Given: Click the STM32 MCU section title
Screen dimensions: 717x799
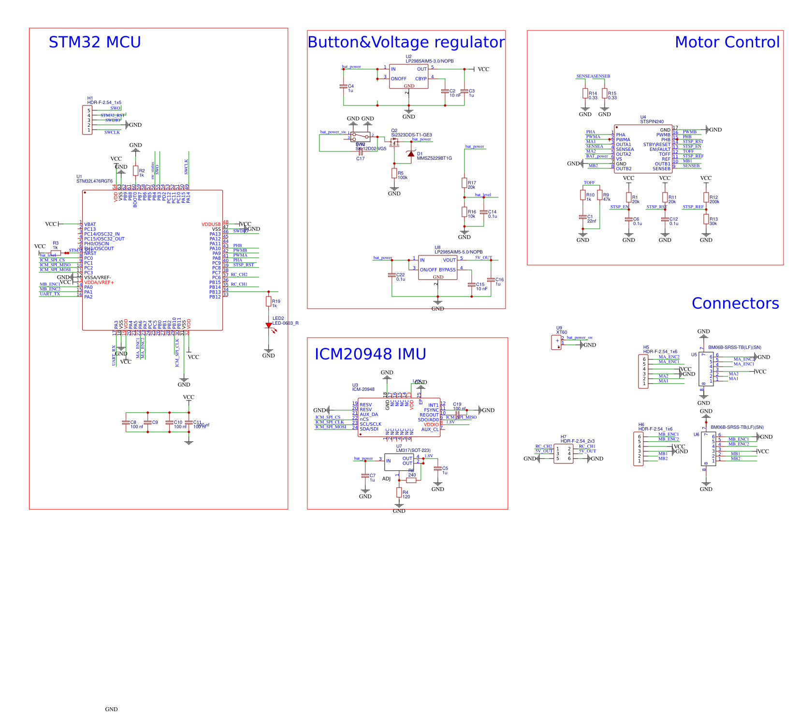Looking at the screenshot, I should point(95,43).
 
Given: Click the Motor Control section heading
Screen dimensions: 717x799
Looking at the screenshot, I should point(726,43).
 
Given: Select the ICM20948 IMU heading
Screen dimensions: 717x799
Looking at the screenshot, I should point(370,354).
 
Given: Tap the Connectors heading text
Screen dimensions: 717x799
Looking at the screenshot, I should point(735,303).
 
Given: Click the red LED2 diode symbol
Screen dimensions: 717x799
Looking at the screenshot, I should point(269,326).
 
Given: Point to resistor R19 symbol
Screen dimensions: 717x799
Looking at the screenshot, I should point(269,301).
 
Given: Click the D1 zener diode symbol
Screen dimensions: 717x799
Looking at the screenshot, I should point(411,154).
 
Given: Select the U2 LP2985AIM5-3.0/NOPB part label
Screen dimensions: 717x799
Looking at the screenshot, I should point(429,61).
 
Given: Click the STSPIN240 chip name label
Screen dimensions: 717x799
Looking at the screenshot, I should point(652,122).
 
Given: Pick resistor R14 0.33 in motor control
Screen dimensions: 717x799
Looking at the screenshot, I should point(585,93).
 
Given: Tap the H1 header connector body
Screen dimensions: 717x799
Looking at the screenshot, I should point(87,120).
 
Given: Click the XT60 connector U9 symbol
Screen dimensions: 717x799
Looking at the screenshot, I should point(556,342).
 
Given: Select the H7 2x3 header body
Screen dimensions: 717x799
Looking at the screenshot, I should point(563,454).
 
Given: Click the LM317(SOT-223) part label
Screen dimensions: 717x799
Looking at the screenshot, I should point(413,450).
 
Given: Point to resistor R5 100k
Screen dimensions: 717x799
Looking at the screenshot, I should point(394,173).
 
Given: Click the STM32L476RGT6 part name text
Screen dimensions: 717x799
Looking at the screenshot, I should point(94,181).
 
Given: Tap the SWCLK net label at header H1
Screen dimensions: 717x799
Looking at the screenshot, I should point(112,133).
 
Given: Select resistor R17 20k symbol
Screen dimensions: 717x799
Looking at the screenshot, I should point(465,183).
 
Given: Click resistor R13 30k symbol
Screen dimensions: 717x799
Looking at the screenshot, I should point(706,219).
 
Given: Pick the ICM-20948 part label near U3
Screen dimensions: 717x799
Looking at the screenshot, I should point(363,389).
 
